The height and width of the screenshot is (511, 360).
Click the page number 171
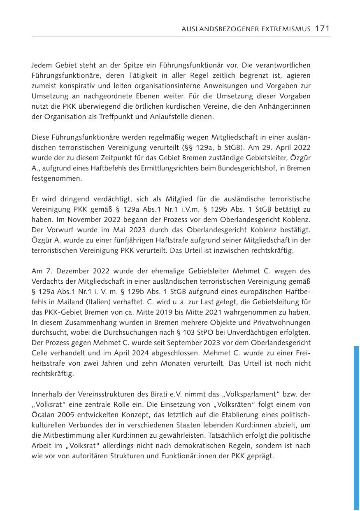point(322,28)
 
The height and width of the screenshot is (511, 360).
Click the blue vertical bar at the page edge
point(356,428)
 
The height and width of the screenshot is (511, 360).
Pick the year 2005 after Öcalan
point(64,415)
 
